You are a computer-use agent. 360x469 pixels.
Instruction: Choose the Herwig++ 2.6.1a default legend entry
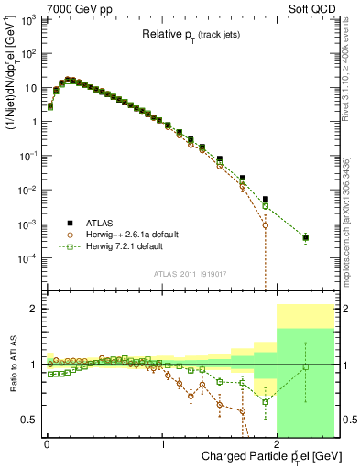(x=133, y=234)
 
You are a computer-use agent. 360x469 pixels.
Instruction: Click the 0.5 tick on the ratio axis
(x=31, y=420)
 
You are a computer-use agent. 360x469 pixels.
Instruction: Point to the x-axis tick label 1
(x=163, y=442)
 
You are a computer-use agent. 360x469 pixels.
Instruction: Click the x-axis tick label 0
(x=47, y=442)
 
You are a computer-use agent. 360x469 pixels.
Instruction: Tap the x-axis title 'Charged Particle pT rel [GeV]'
(x=266, y=456)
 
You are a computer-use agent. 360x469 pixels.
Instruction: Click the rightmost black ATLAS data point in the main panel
(x=306, y=237)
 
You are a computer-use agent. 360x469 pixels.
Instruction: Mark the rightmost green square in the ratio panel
(x=306, y=367)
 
